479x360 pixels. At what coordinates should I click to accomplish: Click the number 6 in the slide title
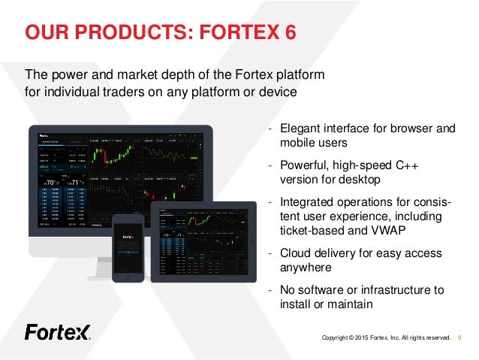tap(288, 32)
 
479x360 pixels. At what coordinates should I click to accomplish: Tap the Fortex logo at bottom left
tap(57, 331)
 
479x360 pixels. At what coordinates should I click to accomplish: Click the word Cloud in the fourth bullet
tap(295, 253)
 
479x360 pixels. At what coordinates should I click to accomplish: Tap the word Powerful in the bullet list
tap(304, 165)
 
